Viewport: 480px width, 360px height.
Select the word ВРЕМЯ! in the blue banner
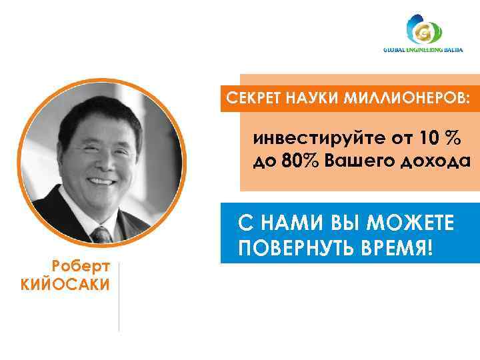pos(403,249)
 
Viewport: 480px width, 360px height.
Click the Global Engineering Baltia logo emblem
pos(425,31)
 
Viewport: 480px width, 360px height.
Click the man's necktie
pos(102,234)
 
